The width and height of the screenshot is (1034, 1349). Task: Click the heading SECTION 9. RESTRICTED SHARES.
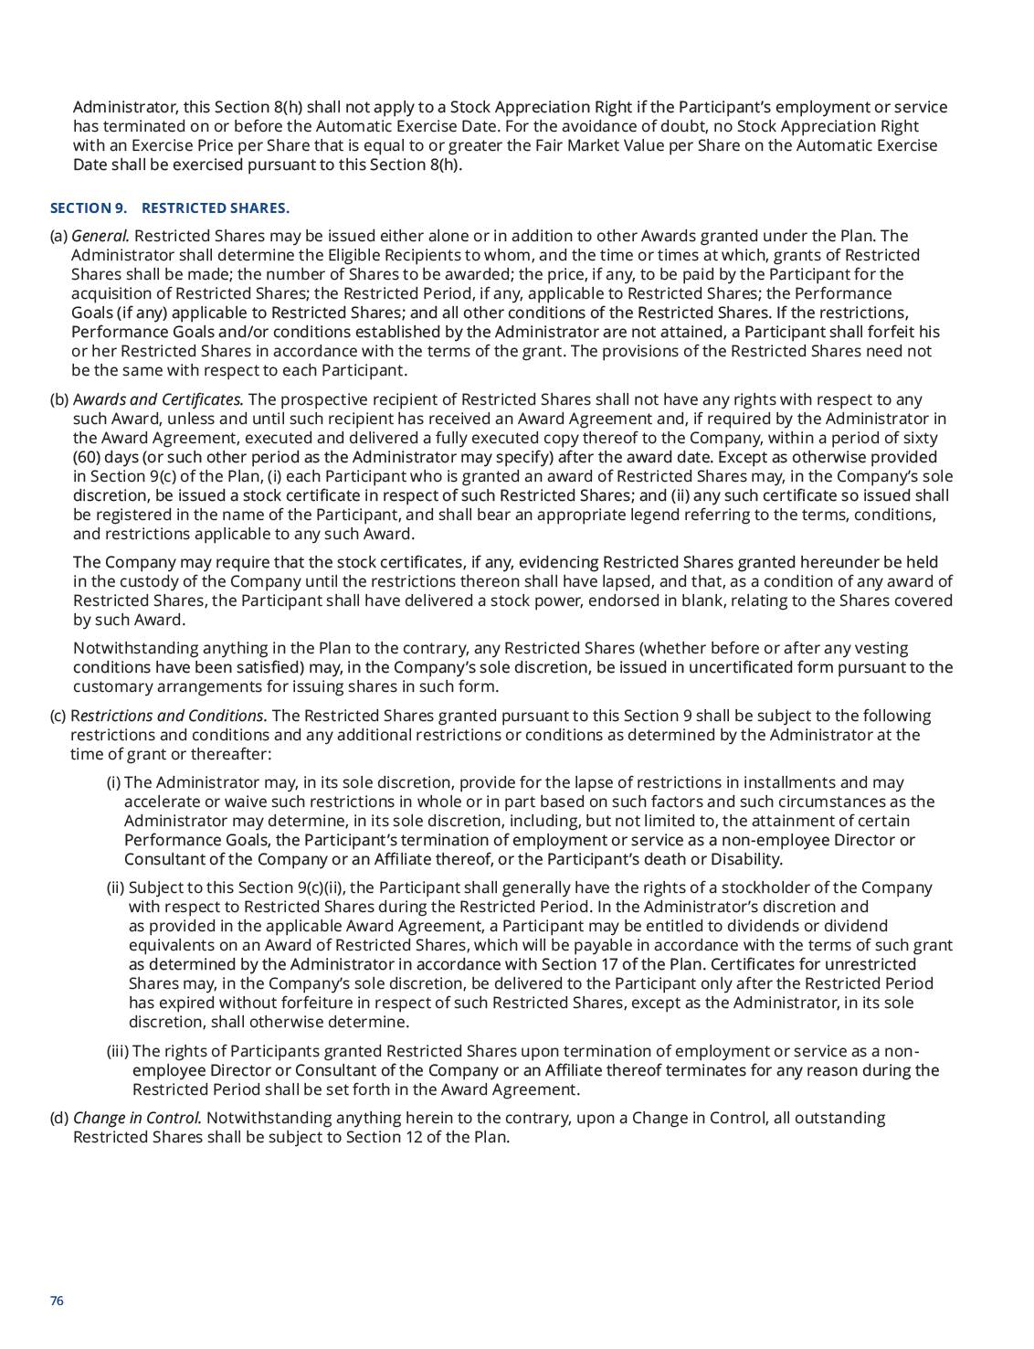[x=169, y=208]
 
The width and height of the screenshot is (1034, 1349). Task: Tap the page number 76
[x=57, y=1301]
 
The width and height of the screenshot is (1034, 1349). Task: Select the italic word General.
[x=100, y=236]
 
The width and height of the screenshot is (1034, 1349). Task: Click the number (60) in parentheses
[x=89, y=457]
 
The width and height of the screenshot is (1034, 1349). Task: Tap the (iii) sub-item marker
[x=118, y=1051]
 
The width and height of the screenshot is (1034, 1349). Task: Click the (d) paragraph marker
[x=59, y=1118]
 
